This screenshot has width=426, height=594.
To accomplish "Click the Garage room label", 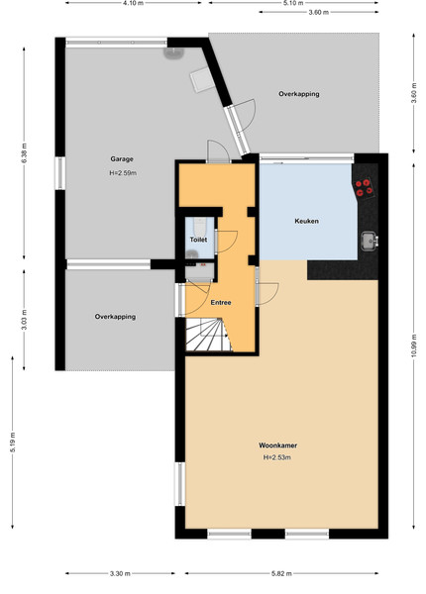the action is pos(122,159).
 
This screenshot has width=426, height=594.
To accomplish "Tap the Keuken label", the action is pos(306,221).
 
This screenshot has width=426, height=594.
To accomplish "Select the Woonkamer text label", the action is pos(277,445).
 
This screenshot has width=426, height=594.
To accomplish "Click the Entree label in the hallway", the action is pos(221,303).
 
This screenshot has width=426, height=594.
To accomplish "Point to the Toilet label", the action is pos(198,240).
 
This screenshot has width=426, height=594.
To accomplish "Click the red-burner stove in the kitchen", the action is pos(365,188).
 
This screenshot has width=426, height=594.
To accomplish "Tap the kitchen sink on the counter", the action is pos(370,241).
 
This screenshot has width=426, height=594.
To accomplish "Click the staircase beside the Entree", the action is pos(208,335).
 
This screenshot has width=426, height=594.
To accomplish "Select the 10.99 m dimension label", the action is pos(414,345).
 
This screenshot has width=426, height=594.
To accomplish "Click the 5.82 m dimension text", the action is pos(281,573).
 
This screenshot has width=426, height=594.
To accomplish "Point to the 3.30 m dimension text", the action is pos(120,573).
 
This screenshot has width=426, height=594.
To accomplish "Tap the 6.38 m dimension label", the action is pos(24,153).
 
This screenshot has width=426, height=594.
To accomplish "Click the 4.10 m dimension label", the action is pos(134,3).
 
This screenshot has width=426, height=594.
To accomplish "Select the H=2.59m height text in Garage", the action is pos(123,173).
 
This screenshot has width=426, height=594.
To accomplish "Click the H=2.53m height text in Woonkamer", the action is pos(277,457).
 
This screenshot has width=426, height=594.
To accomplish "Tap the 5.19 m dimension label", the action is pos(13,443).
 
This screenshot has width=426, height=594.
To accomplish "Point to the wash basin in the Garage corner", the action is pos(172,53).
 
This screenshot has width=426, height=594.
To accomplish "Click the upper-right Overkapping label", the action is pos(299,94).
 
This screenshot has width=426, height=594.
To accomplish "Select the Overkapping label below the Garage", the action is pos(115,317).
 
